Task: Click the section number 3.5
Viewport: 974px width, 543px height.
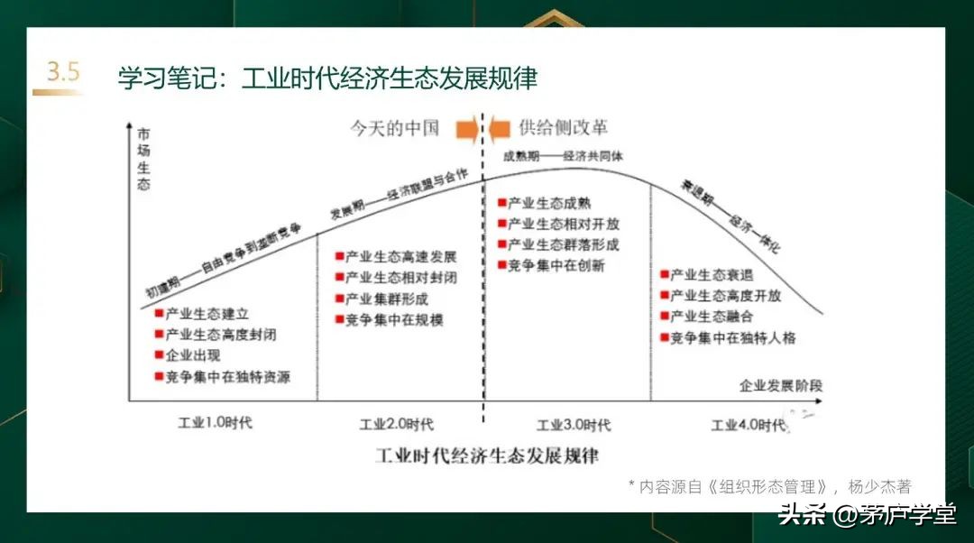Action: pyautogui.click(x=63, y=73)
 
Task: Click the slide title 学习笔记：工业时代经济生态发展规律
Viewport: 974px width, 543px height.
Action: pyautogui.click(x=326, y=78)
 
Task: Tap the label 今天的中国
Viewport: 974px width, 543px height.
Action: pyautogui.click(x=395, y=127)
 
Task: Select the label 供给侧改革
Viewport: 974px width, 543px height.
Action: pyautogui.click(x=561, y=127)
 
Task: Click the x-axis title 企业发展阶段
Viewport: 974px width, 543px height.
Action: pyautogui.click(x=781, y=385)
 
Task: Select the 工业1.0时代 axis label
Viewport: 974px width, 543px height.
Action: pyautogui.click(x=216, y=423)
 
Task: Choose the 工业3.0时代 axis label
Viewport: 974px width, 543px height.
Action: pyautogui.click(x=574, y=425)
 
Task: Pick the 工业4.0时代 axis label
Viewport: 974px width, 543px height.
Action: pyautogui.click(x=748, y=425)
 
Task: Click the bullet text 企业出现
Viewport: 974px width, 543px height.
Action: pyautogui.click(x=195, y=355)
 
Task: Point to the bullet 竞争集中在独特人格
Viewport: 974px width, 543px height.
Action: pyautogui.click(x=731, y=338)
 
